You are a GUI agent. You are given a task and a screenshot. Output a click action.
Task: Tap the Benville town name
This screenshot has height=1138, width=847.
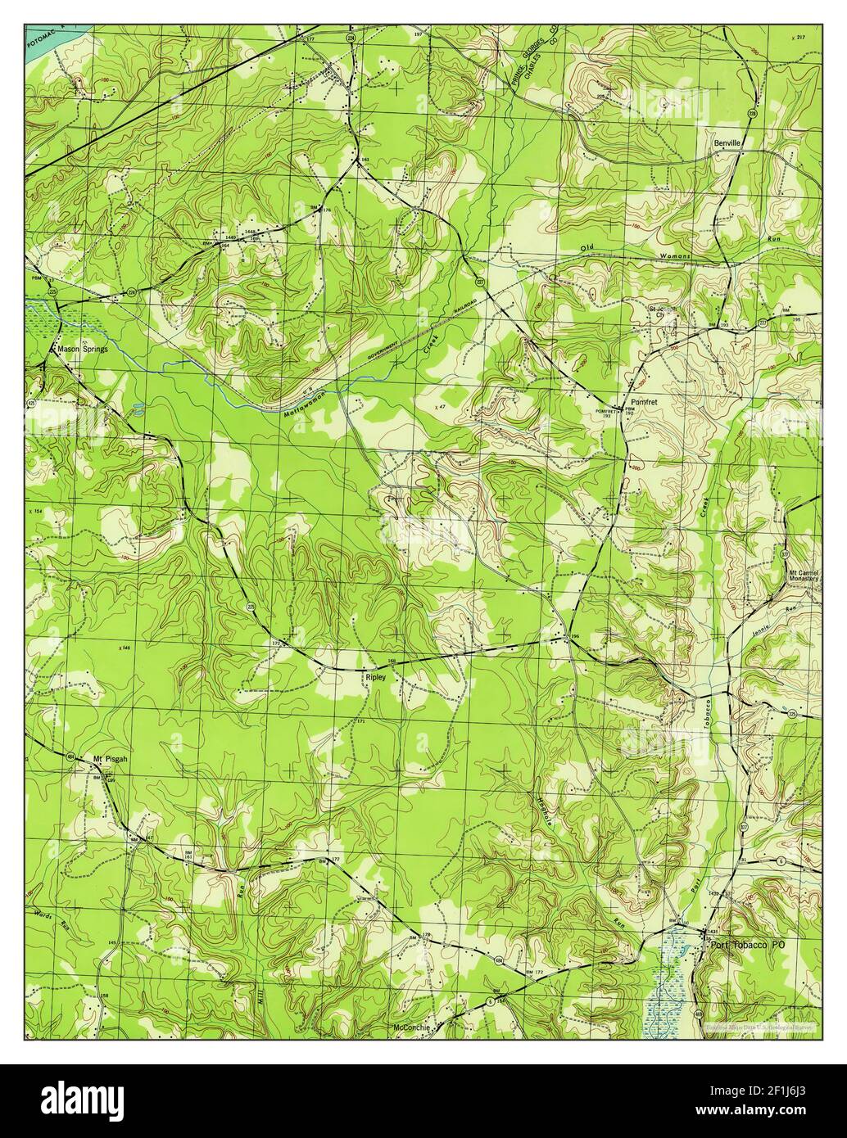tap(727, 142)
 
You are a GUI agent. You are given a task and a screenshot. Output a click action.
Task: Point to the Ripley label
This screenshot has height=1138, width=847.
tap(375, 677)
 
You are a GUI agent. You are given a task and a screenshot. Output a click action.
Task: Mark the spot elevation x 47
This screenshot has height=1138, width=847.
tap(440, 405)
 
